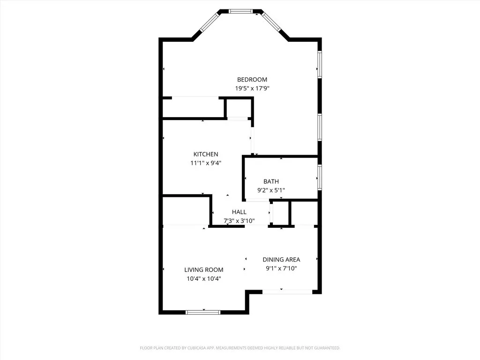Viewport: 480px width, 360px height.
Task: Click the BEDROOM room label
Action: (x=252, y=80)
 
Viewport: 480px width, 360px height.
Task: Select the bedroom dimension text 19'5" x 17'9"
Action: (x=252, y=88)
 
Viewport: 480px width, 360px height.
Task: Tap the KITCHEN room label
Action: (x=206, y=154)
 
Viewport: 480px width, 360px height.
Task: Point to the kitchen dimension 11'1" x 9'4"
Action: (x=206, y=163)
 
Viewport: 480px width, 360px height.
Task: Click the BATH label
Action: (x=271, y=181)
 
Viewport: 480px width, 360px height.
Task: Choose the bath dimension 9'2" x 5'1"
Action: (x=271, y=190)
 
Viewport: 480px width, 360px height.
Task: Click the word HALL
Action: (x=239, y=212)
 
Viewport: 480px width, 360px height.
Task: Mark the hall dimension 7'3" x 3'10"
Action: (x=239, y=220)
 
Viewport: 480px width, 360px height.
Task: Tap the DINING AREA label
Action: (x=281, y=259)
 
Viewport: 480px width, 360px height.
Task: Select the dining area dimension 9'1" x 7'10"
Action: (x=281, y=269)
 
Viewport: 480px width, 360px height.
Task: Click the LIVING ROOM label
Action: (x=203, y=270)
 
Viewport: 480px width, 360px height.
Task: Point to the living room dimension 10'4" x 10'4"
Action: (x=203, y=278)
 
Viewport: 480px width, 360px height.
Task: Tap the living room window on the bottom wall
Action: (x=203, y=312)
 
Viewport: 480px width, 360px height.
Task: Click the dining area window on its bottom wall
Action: (x=287, y=292)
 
